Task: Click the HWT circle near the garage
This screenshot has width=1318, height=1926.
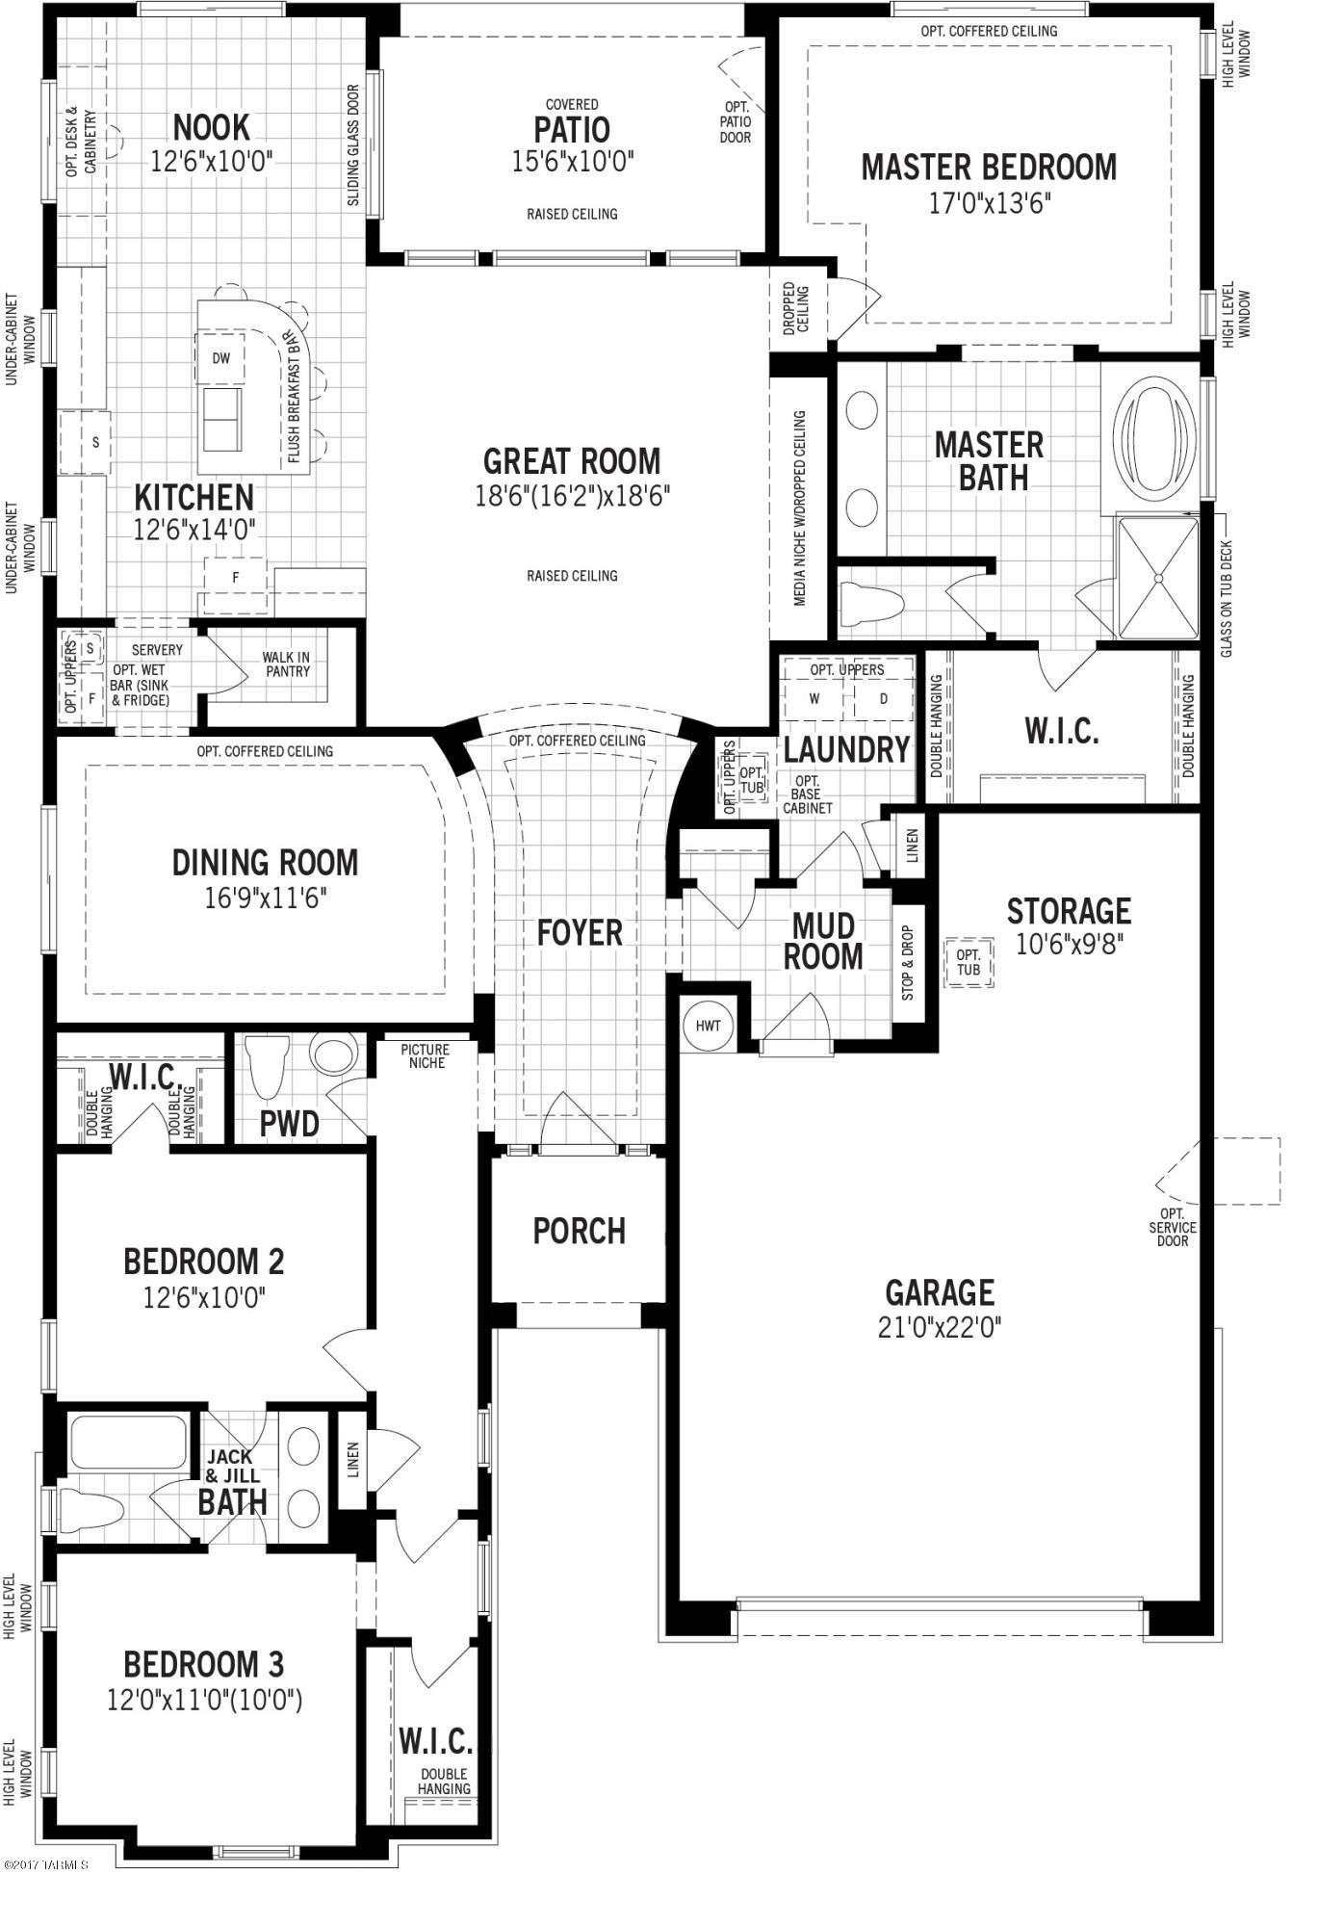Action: (x=708, y=1026)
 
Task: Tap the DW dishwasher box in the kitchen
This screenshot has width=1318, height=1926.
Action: (x=221, y=358)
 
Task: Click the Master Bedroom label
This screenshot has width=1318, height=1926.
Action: (x=989, y=167)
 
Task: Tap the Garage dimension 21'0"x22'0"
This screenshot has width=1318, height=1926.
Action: (x=940, y=1328)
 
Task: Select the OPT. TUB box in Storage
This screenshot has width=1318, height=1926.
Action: (x=969, y=963)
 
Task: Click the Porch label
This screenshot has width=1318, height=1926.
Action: (x=580, y=1231)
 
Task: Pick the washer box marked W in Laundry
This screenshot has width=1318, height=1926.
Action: (x=814, y=699)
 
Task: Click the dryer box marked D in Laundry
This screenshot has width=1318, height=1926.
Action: (x=884, y=699)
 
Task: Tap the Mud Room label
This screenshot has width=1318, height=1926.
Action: (x=823, y=942)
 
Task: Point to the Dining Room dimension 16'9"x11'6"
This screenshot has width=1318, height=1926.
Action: (x=266, y=898)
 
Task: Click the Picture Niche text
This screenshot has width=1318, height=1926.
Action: (x=426, y=1055)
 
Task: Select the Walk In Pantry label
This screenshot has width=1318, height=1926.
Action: (x=286, y=664)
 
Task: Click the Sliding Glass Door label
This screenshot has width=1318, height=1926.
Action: (x=353, y=145)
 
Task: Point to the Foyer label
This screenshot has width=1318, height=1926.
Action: (x=580, y=932)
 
